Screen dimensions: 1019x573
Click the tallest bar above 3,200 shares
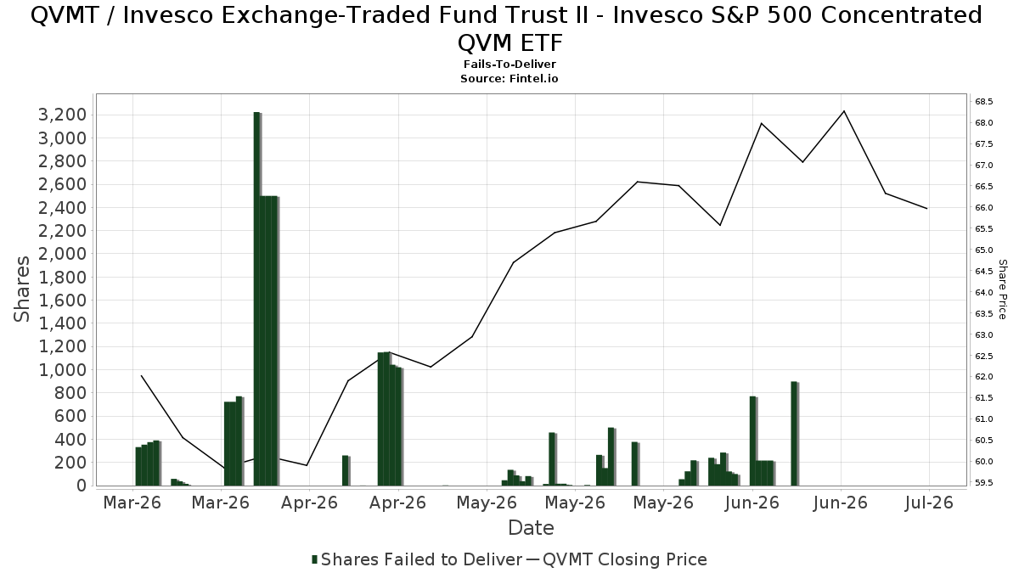coord(257,299)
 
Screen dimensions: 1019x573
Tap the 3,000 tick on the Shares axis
coord(62,138)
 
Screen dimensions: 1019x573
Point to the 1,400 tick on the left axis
coord(62,323)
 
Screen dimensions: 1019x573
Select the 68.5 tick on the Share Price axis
coord(983,101)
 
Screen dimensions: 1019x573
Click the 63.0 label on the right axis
coord(983,335)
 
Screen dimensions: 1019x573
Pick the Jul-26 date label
coord(929,503)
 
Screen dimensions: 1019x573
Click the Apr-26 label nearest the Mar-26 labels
coord(309,503)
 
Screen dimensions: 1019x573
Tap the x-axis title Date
coord(531,528)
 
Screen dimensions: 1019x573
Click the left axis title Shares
coord(21,289)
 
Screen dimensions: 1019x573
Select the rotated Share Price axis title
coord(1002,289)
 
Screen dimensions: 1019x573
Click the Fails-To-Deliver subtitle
coord(509,65)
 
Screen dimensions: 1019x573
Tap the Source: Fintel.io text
coord(509,79)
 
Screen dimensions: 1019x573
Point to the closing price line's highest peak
coord(844,111)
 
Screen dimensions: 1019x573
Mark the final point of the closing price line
coord(926,208)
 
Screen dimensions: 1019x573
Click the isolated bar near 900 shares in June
coord(794,434)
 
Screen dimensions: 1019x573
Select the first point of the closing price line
coord(142,375)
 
